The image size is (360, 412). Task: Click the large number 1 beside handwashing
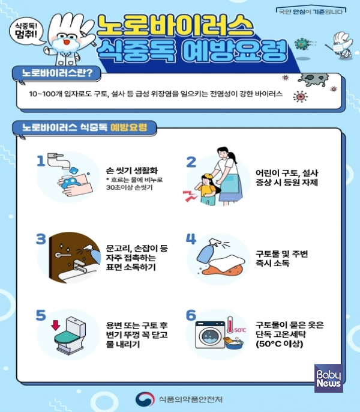click(x=41, y=160)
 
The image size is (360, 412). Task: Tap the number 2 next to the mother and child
click(x=191, y=162)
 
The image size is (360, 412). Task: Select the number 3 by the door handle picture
click(x=41, y=238)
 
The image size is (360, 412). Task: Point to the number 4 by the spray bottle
click(x=191, y=238)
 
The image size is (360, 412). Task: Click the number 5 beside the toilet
click(x=41, y=315)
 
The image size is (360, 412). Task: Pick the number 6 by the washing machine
click(x=191, y=315)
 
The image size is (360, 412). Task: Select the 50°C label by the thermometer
click(x=240, y=330)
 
